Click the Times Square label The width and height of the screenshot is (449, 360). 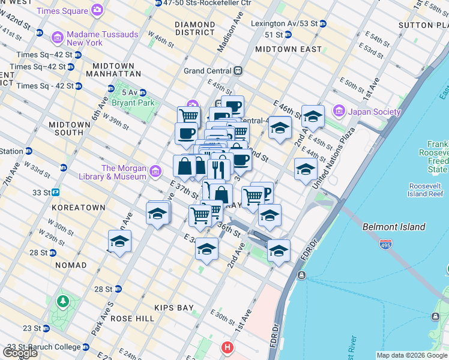tap(62, 11)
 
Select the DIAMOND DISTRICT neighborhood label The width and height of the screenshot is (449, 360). tap(194, 29)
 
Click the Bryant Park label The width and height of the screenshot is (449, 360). tap(137, 103)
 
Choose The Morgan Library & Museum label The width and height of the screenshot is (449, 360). tap(124, 172)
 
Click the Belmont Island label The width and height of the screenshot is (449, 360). tap(394, 227)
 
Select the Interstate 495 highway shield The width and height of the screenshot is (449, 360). tap(386, 245)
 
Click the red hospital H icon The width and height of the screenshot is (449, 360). tap(227, 347)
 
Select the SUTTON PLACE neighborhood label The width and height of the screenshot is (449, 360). tap(423, 25)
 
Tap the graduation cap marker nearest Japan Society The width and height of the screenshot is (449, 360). tap(313, 116)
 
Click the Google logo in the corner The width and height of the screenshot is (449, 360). tap(20, 352)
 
